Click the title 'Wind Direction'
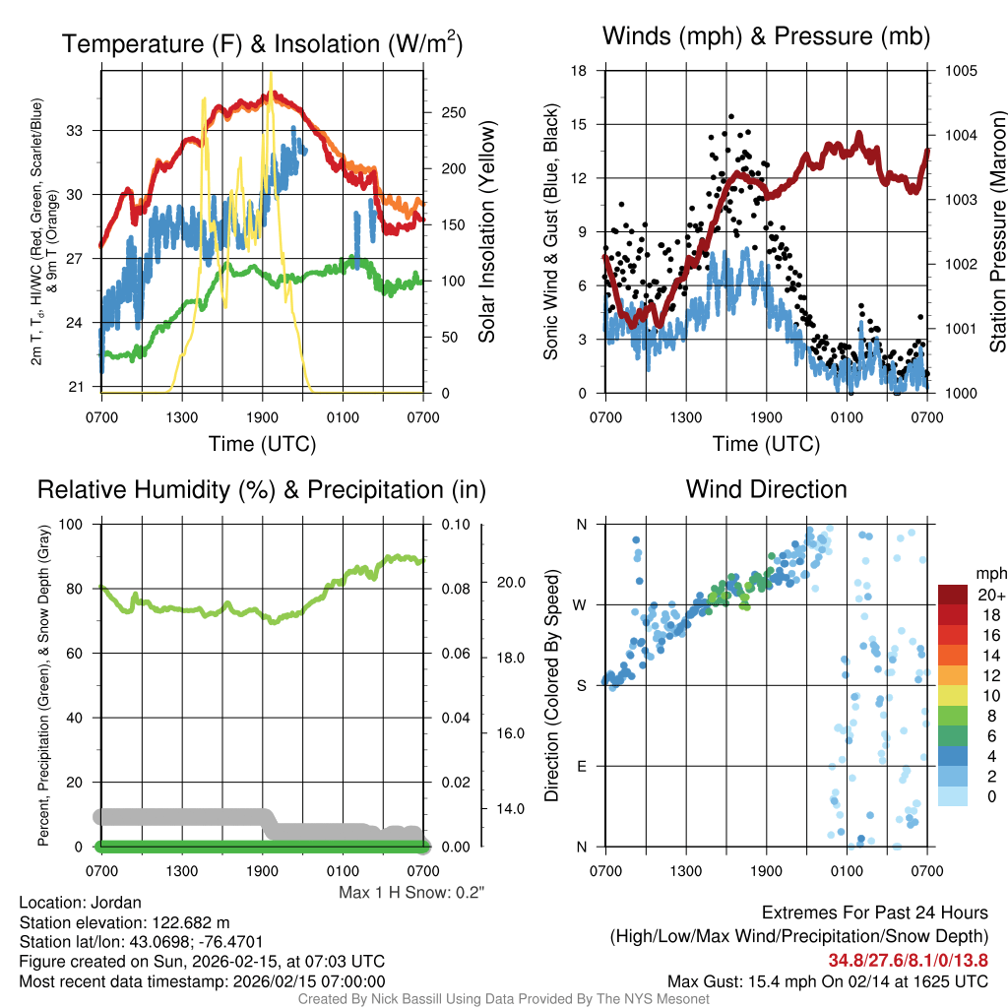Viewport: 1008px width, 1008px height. [x=766, y=489]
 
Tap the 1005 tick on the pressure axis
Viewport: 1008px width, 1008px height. [x=960, y=71]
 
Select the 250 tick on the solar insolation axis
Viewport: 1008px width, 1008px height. [x=452, y=112]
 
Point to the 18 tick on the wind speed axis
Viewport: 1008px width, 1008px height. [x=579, y=71]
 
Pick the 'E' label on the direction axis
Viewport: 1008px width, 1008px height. [x=581, y=766]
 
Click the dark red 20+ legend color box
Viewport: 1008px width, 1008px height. [x=954, y=595]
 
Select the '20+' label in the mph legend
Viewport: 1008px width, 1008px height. [x=990, y=595]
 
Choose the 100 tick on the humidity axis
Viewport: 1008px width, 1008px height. [x=72, y=524]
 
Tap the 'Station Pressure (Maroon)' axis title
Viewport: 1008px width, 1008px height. [x=997, y=232]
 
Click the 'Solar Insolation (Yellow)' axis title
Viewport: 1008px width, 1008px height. [x=486, y=232]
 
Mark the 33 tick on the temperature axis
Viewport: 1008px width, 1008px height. [x=74, y=130]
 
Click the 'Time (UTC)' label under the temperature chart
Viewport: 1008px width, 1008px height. [x=262, y=444]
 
